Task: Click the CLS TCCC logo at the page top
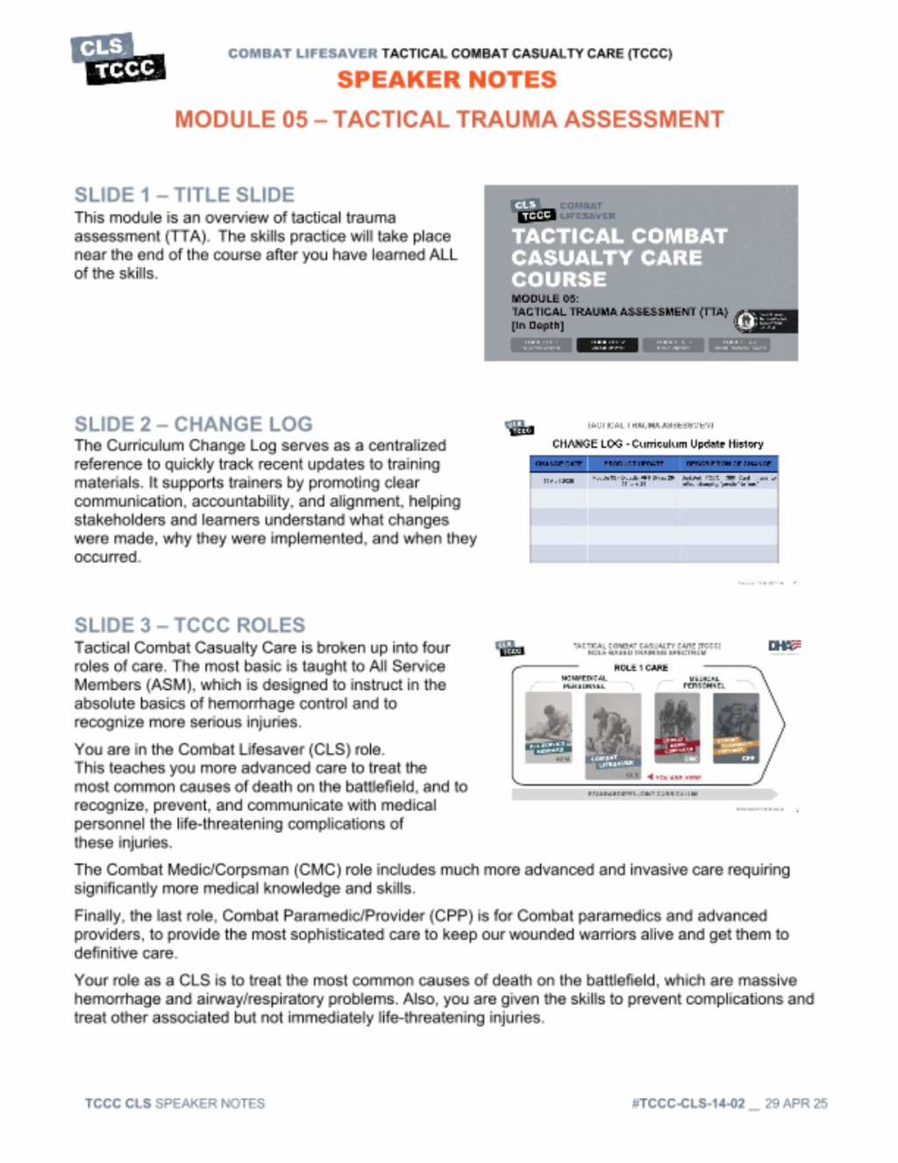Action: pos(118,59)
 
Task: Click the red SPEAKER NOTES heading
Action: pos(446,80)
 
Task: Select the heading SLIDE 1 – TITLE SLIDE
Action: pos(184,195)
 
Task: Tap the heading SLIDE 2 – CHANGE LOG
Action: pos(193,424)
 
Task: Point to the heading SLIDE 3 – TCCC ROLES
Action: pos(189,625)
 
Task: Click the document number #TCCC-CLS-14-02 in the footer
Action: pos(688,1103)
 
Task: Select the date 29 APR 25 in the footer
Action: pos(795,1103)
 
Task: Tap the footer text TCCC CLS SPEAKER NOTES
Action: pos(175,1103)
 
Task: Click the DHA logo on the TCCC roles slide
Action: pos(784,646)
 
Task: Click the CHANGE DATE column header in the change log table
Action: pos(559,463)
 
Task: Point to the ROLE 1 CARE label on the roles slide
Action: pos(640,668)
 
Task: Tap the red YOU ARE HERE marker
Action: pos(673,777)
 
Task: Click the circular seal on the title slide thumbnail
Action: pos(745,321)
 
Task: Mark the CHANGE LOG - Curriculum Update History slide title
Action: pos(657,444)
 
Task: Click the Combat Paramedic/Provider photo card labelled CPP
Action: pos(737,729)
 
